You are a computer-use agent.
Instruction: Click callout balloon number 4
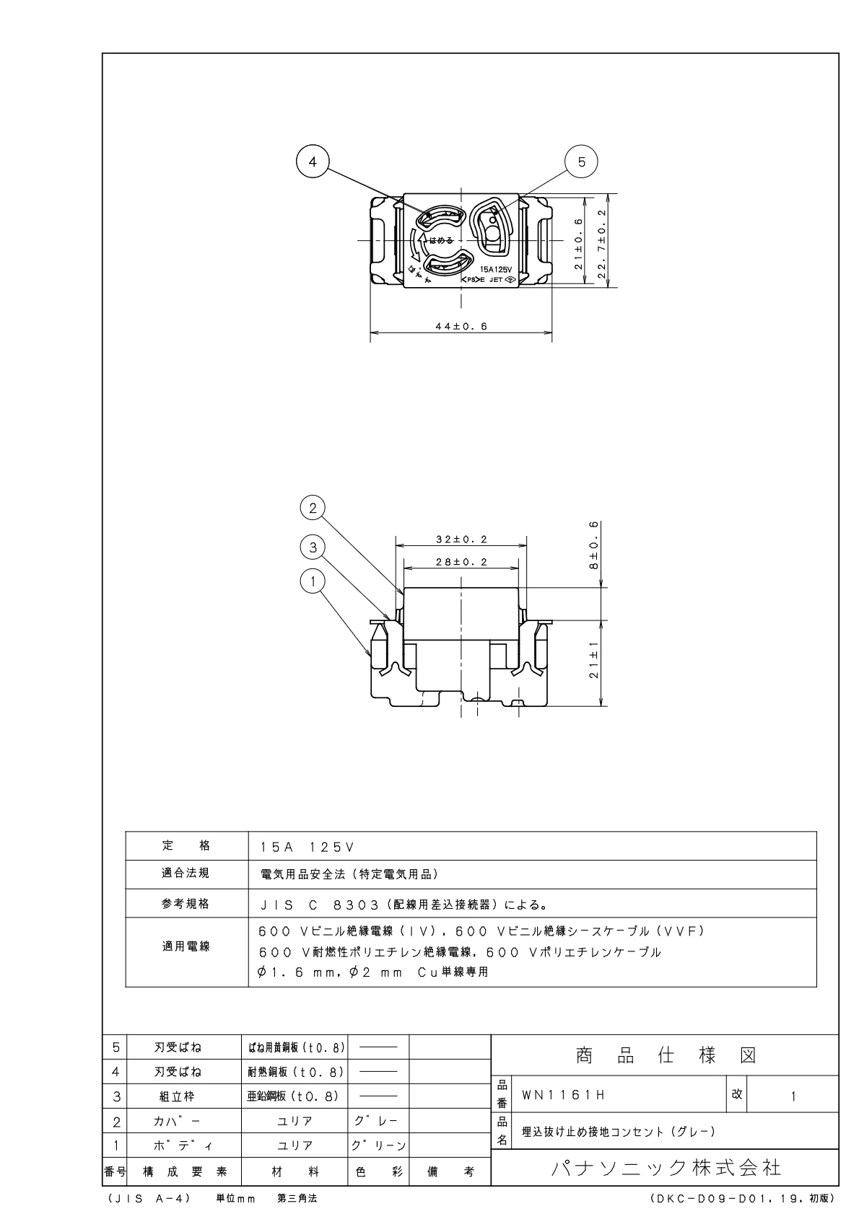pyautogui.click(x=313, y=162)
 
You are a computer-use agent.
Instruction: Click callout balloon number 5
pyautogui.click(x=582, y=162)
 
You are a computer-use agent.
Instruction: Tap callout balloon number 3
pyautogui.click(x=313, y=547)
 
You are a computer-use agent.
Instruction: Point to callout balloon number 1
pyautogui.click(x=313, y=582)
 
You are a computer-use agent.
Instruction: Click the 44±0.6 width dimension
pyautogui.click(x=461, y=327)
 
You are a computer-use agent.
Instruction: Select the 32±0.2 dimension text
pyautogui.click(x=461, y=539)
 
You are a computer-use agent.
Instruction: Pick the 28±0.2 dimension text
pyautogui.click(x=461, y=562)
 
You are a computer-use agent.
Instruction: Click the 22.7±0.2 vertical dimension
pyautogui.click(x=602, y=239)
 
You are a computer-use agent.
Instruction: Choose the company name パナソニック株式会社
pyautogui.click(x=666, y=1167)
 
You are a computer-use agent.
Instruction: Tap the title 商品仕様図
pyautogui.click(x=666, y=1056)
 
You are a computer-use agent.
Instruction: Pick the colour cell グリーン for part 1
pyautogui.click(x=378, y=1145)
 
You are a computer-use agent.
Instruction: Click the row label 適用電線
pyautogui.click(x=186, y=946)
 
